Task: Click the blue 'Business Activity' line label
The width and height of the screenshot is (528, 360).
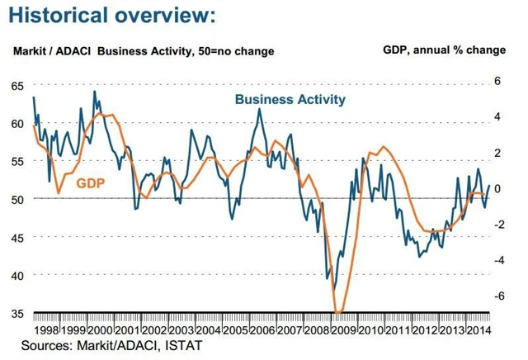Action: (290, 99)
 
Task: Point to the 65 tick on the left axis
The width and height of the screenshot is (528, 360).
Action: (16, 86)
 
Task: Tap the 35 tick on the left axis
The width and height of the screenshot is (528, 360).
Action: (16, 313)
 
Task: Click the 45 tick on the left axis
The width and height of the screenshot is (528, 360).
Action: (16, 237)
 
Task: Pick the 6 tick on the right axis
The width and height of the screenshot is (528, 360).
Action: (497, 80)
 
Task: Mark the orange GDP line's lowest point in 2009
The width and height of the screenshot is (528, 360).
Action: (337, 313)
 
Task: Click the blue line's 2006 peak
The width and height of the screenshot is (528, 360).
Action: (261, 109)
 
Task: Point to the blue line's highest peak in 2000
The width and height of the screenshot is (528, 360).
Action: (94, 92)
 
